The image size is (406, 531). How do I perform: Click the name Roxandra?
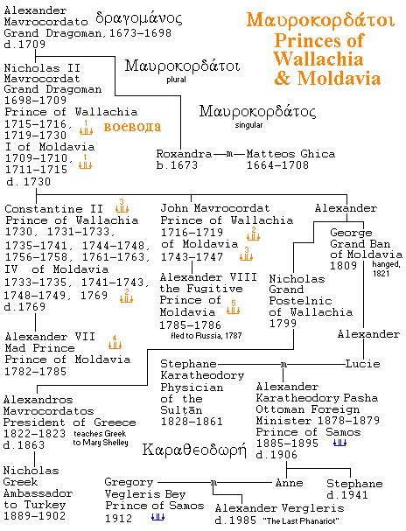tap(184, 154)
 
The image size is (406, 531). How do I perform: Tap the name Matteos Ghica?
tap(290, 154)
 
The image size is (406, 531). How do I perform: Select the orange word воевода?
tap(132, 127)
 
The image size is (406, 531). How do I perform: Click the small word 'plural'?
tap(176, 80)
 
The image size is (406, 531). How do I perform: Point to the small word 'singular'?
tap(248, 125)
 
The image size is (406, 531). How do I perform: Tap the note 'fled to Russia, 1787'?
tap(206, 336)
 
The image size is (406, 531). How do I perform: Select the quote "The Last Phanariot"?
tap(301, 521)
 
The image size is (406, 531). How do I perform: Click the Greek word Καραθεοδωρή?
tap(194, 450)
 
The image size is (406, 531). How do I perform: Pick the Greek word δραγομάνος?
tap(139, 18)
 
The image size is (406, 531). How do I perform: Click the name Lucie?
tap(362, 364)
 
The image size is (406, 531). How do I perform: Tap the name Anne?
tap(289, 483)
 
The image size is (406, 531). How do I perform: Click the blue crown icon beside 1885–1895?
tap(339, 443)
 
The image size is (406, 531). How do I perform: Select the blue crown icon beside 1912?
tap(157, 517)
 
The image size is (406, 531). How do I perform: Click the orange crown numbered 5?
tap(234, 307)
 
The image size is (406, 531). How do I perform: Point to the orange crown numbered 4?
tap(115, 342)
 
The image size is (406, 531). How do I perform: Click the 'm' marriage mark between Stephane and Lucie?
tap(283, 365)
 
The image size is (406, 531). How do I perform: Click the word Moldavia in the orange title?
tap(339, 78)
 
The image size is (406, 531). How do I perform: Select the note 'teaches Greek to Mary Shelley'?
tap(101, 438)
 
